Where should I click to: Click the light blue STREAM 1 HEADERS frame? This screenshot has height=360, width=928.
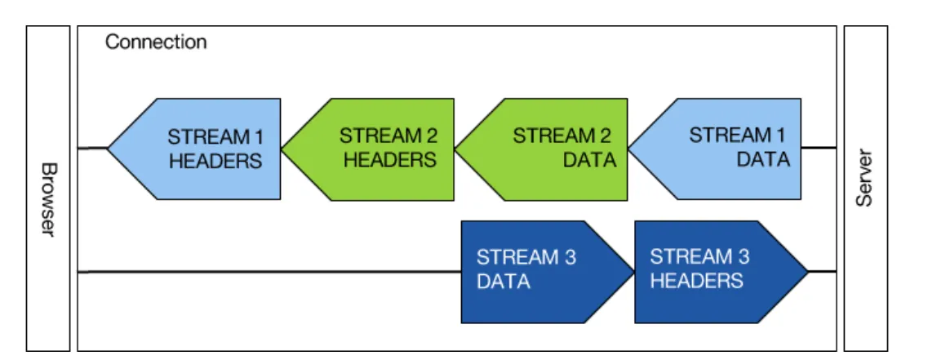point(196,149)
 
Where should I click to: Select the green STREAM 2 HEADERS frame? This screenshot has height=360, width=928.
point(371,149)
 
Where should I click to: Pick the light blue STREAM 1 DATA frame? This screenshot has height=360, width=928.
point(718,149)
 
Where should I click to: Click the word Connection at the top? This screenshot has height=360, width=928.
point(156,42)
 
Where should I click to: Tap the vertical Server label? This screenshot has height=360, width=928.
point(866,178)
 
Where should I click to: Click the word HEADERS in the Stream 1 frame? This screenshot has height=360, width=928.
point(215,161)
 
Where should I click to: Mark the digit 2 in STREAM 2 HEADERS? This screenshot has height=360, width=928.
point(431,136)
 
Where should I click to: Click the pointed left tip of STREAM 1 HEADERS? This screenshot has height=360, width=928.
point(110,149)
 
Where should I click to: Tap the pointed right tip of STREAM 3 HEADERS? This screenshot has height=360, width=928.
point(806,270)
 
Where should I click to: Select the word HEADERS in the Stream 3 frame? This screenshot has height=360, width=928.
point(696,282)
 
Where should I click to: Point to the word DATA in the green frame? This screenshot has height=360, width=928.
point(589,161)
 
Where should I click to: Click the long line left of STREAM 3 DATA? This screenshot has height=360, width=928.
point(269,271)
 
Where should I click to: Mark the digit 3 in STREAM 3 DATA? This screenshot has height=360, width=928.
point(570,258)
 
